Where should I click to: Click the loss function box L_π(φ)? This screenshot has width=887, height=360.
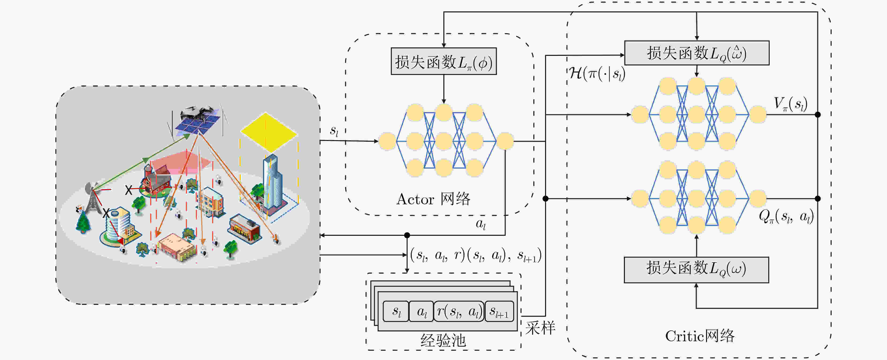click(443, 61)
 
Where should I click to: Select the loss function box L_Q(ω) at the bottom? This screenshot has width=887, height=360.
click(696, 270)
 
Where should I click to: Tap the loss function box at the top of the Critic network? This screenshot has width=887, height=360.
click(697, 53)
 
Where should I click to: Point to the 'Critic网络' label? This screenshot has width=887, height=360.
click(700, 336)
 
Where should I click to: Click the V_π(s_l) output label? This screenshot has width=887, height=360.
click(790, 104)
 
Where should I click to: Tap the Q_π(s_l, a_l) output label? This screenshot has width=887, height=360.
click(786, 216)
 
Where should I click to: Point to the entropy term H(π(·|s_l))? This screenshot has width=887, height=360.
click(596, 74)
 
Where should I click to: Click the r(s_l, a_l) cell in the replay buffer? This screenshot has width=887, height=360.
click(459, 311)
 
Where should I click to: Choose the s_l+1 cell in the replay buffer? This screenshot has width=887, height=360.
click(499, 311)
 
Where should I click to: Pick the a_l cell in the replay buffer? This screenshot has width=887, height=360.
click(421, 311)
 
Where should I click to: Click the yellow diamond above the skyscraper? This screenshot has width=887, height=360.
click(269, 132)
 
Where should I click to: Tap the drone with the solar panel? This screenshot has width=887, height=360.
click(197, 121)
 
